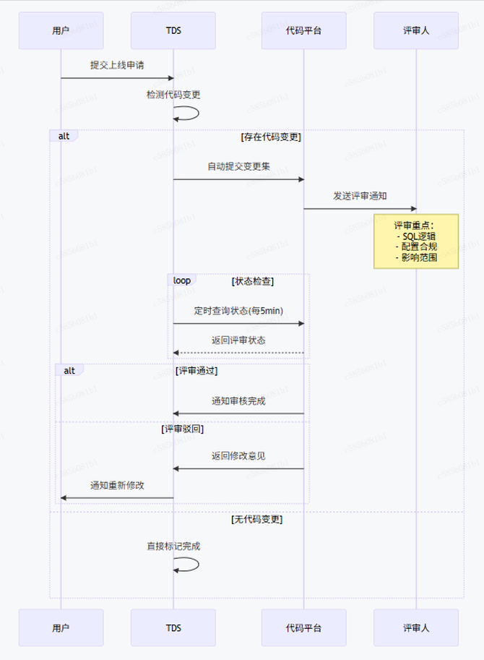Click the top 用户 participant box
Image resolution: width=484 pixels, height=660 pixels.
pyautogui.click(x=61, y=30)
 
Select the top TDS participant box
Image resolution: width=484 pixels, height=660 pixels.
pyautogui.click(x=173, y=30)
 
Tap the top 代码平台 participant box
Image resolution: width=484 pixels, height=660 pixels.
pyautogui.click(x=303, y=30)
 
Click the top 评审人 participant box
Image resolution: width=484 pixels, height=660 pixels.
pyautogui.click(x=416, y=30)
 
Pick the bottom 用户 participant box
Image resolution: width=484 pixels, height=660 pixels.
pyautogui.click(x=61, y=627)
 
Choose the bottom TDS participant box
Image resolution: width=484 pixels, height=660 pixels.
pyautogui.click(x=173, y=627)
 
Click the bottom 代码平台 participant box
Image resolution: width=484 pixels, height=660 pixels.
pyautogui.click(x=303, y=627)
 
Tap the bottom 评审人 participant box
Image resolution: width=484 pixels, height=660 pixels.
pyautogui.click(x=416, y=627)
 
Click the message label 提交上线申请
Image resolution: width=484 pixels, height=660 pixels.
pyautogui.click(x=117, y=65)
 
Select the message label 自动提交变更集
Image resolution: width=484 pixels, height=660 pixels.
pyautogui.click(x=238, y=166)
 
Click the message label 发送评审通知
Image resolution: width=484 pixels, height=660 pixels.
pyautogui.click(x=360, y=196)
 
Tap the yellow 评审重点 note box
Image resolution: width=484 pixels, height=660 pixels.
pyautogui.click(x=416, y=241)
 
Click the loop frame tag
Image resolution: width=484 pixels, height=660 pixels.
pyautogui.click(x=182, y=280)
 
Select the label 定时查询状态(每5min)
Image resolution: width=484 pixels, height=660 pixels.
pyautogui.click(x=238, y=311)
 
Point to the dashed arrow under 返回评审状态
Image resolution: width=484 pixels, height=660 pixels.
pyautogui.click(x=238, y=353)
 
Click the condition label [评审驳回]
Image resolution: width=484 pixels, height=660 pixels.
pyautogui.click(x=182, y=429)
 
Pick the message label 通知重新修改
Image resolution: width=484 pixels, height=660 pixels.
pyautogui.click(x=117, y=485)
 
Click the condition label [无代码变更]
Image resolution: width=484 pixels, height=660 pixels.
pyautogui.click(x=256, y=519)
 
